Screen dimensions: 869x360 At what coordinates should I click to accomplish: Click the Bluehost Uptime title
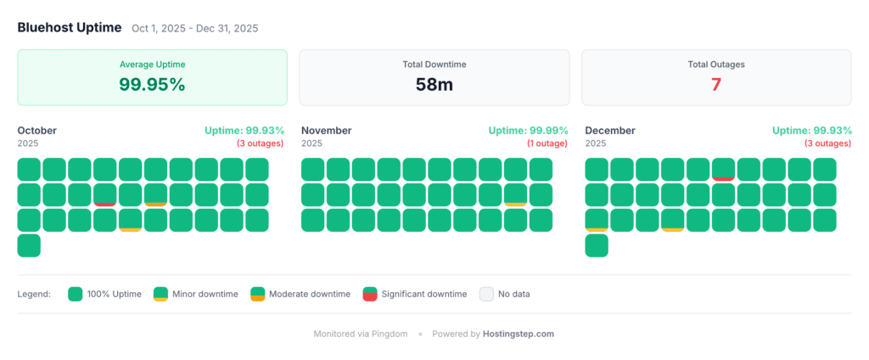coord(70,28)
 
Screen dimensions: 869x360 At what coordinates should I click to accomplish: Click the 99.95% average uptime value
coord(153,84)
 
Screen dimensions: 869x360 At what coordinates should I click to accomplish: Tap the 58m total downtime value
coord(434,84)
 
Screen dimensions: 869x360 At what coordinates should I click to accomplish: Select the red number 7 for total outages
coord(716,84)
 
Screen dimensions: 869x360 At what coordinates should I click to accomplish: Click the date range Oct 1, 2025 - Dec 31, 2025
coord(195,28)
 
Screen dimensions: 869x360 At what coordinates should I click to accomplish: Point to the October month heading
coord(37,131)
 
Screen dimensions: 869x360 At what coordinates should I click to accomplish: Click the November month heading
coord(327,131)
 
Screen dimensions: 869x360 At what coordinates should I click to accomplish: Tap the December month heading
coord(610,131)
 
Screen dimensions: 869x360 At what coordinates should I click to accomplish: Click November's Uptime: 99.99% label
coord(528,131)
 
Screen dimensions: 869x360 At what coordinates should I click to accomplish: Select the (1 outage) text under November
coord(548,143)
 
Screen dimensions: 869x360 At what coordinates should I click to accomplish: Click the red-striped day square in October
coord(104,194)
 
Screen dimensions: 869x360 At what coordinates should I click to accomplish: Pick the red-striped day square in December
coord(723,169)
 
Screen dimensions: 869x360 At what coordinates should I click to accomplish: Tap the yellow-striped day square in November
coord(515,194)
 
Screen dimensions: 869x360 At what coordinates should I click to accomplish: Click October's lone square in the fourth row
coord(29,245)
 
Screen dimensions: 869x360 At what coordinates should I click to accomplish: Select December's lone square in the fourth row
coord(597,245)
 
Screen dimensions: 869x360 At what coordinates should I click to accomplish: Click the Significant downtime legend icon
coord(370,294)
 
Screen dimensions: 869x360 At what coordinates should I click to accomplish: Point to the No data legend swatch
coord(486,294)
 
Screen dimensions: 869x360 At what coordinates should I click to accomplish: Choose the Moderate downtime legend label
coord(310,294)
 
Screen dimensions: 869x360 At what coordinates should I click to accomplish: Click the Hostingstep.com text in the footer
coord(519,334)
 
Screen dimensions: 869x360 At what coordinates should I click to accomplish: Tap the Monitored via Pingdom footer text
coord(361,334)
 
